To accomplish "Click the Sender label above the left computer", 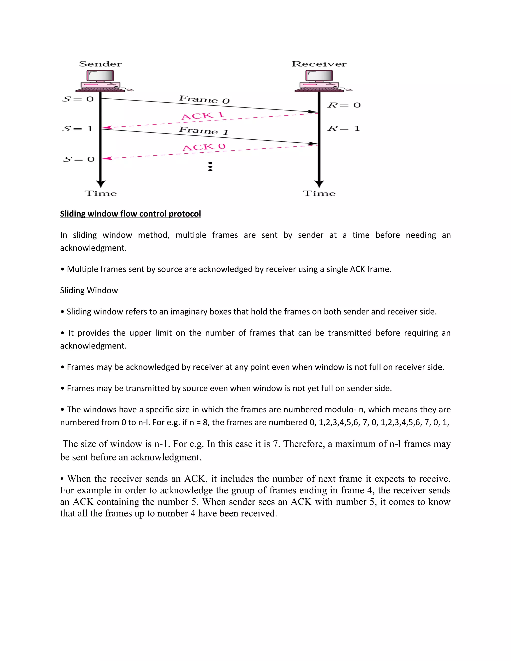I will pos(100,64).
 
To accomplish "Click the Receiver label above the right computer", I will pos(319,64).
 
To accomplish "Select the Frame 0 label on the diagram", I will pos(204,99).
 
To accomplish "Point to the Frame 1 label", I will pos(203,131).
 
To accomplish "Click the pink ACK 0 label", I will pos(204,147).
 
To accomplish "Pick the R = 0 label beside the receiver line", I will pos(344,105).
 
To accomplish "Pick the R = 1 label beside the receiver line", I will pos(344,128).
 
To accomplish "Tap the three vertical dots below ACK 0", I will pos(210,166).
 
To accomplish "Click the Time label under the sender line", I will pos(101,193).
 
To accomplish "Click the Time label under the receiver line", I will pos(319,193).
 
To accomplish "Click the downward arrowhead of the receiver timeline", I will pos(319,184).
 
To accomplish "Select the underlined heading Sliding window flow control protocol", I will pos(130,214).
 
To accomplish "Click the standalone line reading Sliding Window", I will pos(89,290).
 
